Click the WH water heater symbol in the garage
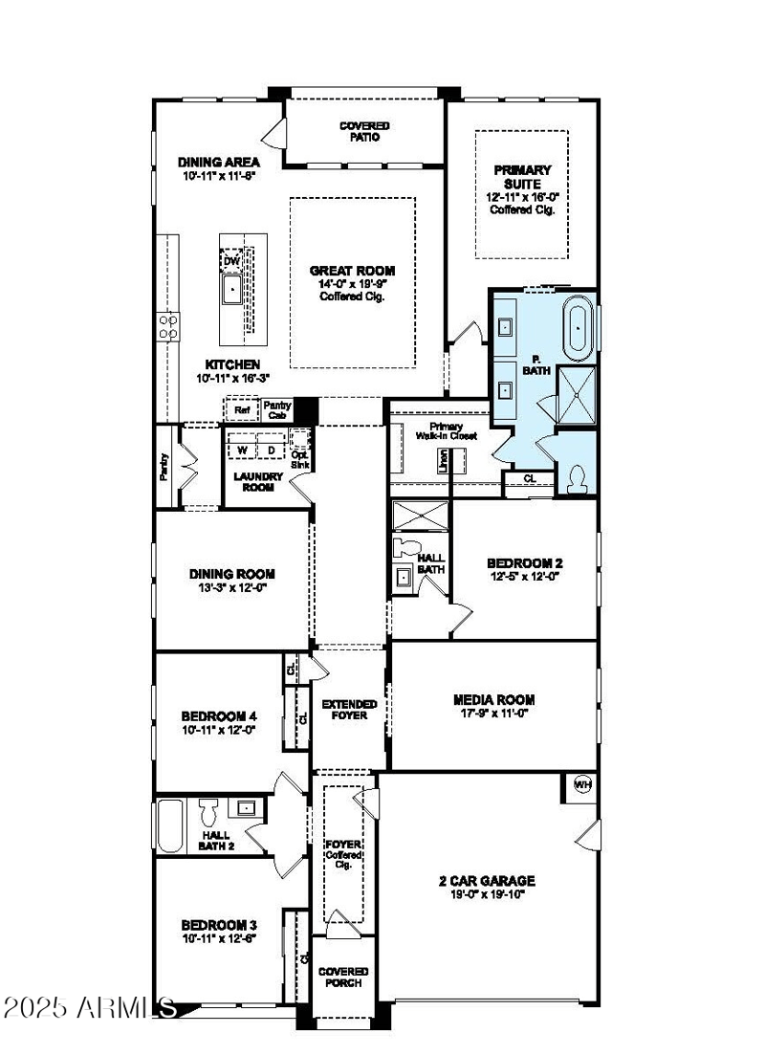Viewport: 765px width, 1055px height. pos(581,784)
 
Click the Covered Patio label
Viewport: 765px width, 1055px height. pos(365,131)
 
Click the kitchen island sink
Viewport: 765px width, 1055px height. pos(231,287)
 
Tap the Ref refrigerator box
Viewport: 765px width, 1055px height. pos(242,410)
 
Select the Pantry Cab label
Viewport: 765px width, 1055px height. pos(277,409)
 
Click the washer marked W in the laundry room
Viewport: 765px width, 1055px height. pos(242,450)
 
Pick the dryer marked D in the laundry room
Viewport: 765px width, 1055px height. pos(271,450)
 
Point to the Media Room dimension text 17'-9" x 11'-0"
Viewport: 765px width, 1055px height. pos(494,713)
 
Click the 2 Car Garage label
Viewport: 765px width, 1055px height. pos(493,881)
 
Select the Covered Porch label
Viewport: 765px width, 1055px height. pos(343,977)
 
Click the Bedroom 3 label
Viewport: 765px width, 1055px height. pos(219,925)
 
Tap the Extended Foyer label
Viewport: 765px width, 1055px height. pos(349,710)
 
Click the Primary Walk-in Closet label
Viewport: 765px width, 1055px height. pos(446,430)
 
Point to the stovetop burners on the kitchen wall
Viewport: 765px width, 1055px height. pos(168,327)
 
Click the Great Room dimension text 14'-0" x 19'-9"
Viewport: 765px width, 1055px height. pos(352,284)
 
